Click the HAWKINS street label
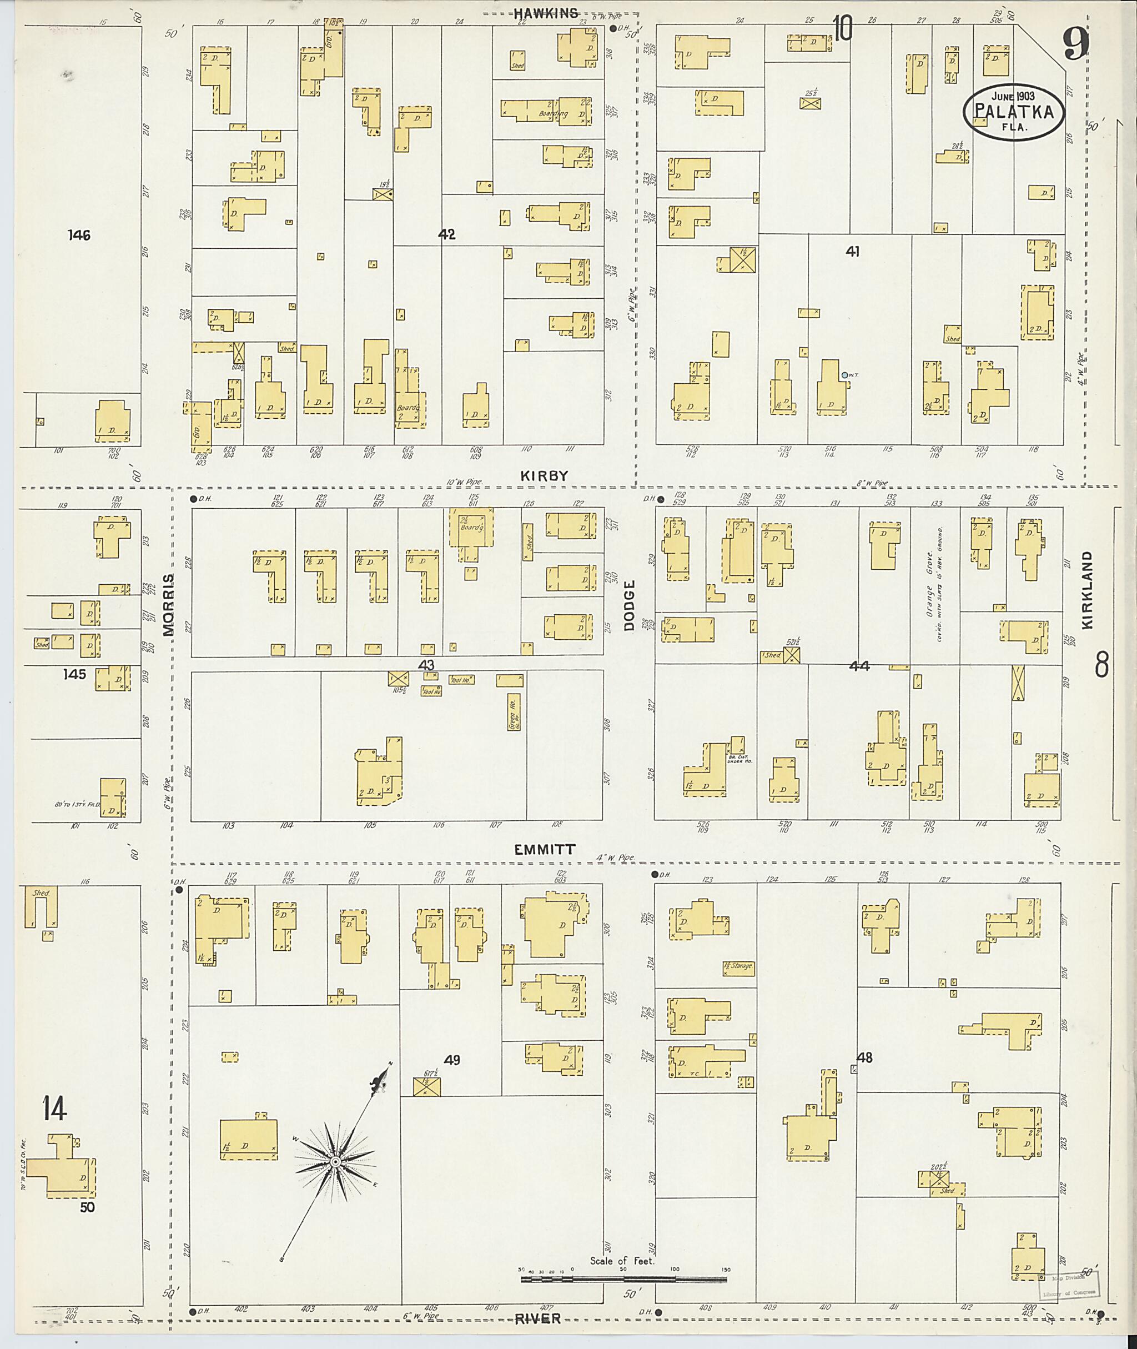(x=546, y=12)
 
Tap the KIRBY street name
(x=545, y=475)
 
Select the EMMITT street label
(x=545, y=850)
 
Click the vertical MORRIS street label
(x=169, y=604)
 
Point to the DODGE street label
(x=630, y=605)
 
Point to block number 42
(x=447, y=235)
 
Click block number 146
(x=79, y=235)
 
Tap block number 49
(x=452, y=1060)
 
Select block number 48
(x=865, y=1057)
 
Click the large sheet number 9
(x=1076, y=43)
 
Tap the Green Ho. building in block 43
(x=514, y=711)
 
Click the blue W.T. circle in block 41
(x=844, y=375)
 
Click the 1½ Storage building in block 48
(x=738, y=966)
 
